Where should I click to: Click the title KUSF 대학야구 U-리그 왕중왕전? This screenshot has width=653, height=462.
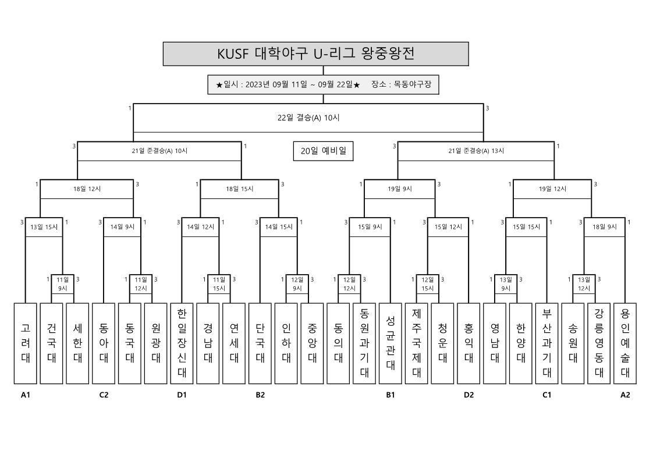tap(315, 54)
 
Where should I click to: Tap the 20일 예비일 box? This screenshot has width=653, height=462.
tap(323, 151)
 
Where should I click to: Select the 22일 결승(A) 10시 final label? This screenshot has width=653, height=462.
tap(308, 118)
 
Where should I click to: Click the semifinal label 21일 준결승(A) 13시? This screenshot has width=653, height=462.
tap(476, 151)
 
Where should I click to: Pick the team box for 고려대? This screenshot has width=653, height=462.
tap(25, 343)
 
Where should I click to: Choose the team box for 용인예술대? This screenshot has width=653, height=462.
tap(624, 343)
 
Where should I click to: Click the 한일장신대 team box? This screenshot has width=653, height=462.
tap(182, 343)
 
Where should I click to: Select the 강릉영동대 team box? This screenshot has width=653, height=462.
tap(598, 343)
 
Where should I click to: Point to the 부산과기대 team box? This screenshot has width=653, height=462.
tap(546, 343)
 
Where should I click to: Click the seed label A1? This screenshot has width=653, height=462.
tap(25, 395)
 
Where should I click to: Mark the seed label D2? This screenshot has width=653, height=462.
tap(469, 395)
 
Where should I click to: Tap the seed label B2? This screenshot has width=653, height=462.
tap(260, 395)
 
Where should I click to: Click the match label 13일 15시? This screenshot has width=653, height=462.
tap(44, 227)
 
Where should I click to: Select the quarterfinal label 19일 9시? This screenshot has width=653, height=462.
tap(399, 189)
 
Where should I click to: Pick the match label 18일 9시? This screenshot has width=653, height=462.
tap(605, 227)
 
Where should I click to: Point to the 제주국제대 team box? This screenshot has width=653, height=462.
tap(416, 343)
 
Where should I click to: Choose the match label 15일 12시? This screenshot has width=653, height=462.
tap(448, 227)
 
